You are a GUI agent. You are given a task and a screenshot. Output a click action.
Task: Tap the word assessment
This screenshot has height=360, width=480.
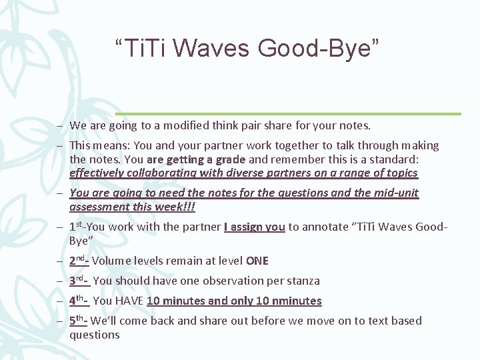pos(97,207)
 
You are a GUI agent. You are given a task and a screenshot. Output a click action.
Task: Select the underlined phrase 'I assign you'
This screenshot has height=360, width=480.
pos(255,227)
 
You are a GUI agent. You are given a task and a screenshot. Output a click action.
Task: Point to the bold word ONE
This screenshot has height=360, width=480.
pos(257,261)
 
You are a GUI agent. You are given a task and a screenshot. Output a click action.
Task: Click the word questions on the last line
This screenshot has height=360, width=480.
pos(95,335)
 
